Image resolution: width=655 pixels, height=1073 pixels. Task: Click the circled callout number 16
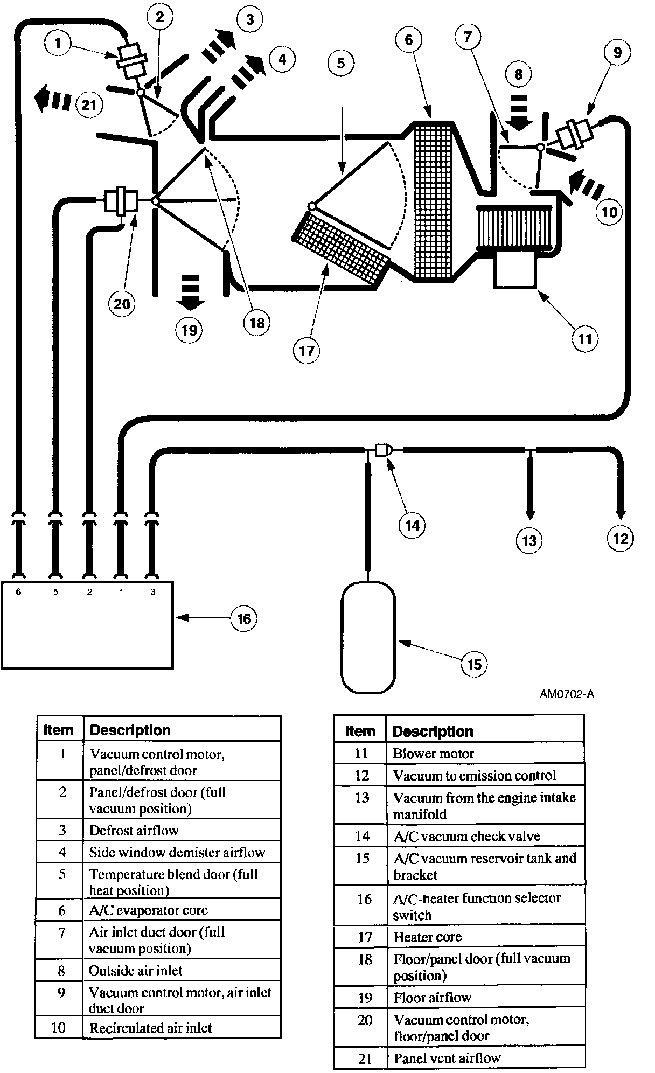[244, 618]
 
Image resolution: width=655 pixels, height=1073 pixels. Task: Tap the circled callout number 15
[474, 664]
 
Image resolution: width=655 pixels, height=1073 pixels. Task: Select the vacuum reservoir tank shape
[368, 637]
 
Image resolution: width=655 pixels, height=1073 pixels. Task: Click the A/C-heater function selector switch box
[87, 625]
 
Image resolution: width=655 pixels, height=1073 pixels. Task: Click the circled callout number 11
[585, 339]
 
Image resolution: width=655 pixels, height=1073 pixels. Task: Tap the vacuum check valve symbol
[383, 450]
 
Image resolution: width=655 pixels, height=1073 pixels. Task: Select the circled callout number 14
[412, 525]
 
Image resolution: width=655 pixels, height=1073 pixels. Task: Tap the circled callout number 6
[409, 40]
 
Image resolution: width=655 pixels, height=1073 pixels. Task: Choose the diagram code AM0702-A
[567, 694]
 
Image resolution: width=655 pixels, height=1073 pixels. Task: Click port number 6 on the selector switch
[18, 592]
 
